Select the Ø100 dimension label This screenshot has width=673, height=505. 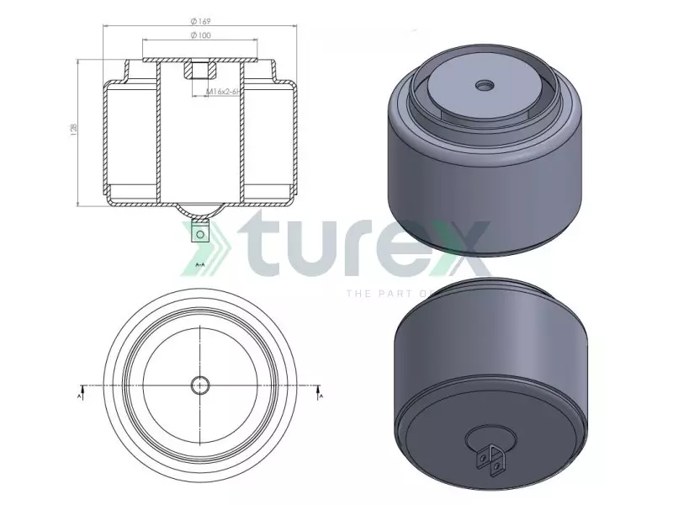click(x=200, y=35)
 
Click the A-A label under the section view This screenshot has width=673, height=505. click(x=200, y=264)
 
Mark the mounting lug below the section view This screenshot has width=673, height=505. click(x=200, y=231)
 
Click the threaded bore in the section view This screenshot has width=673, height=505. click(x=199, y=70)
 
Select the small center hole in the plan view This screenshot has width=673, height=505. click(x=200, y=385)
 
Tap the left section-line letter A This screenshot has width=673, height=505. click(x=80, y=393)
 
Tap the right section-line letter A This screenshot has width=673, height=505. click(x=320, y=393)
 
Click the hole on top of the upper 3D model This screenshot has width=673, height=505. click(x=486, y=85)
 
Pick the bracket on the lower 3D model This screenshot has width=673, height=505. click(x=491, y=454)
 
